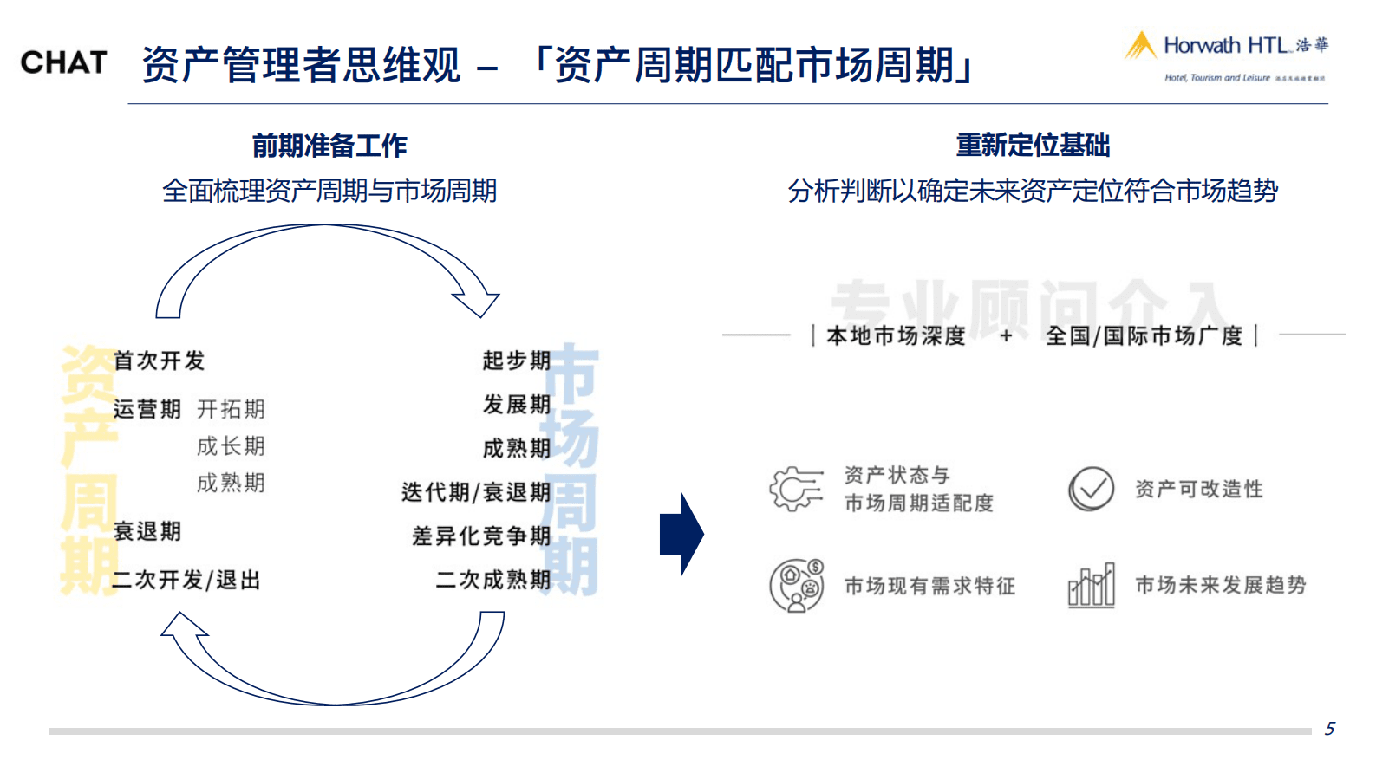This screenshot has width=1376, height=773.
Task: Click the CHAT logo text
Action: coord(63,62)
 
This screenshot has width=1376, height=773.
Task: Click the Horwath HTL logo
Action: coord(1226,54)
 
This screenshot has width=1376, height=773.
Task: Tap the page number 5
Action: coord(1329,729)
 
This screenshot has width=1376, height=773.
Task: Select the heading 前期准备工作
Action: coord(329,146)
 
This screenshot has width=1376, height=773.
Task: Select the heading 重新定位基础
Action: coord(1032,145)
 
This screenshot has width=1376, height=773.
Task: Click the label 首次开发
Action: coord(159,361)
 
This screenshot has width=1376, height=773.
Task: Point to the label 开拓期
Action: coord(231,409)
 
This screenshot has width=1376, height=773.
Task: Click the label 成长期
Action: coord(231,446)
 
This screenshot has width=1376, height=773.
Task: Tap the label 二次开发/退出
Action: coord(186,580)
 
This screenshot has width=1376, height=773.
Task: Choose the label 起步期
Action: coord(516,361)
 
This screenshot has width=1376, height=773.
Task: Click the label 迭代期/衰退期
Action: coord(475,492)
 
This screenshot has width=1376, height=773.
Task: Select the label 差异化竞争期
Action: coord(481,536)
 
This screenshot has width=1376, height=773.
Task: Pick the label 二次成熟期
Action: coord(492,580)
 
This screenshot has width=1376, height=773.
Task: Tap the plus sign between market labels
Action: coord(1006,335)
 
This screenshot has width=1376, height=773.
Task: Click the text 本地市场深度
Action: coord(896,335)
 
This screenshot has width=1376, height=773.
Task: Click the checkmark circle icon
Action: coord(1091,489)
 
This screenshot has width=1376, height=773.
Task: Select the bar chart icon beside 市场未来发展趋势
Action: coord(1091,586)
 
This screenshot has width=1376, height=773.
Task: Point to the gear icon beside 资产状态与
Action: coord(795,489)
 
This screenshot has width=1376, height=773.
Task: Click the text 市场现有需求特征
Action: coord(929,587)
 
